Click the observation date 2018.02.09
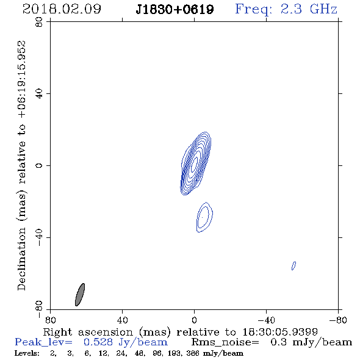(x=62, y=9)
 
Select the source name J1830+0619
(x=175, y=9)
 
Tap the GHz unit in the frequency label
(x=323, y=9)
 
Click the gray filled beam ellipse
(x=80, y=295)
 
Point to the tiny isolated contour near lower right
(x=293, y=265)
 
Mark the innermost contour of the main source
(x=195, y=164)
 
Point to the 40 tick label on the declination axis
(x=39, y=94)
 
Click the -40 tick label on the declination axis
(x=39, y=237)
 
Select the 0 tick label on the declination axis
(x=39, y=165)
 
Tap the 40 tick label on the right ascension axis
(x=122, y=320)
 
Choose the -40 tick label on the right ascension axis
(x=266, y=320)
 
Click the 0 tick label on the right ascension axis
(x=194, y=320)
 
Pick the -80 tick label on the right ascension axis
(x=338, y=320)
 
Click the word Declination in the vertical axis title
(x=21, y=259)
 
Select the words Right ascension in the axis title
(x=88, y=332)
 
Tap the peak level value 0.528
(x=98, y=342)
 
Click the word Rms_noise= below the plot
(x=225, y=342)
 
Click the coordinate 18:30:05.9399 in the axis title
(x=280, y=332)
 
